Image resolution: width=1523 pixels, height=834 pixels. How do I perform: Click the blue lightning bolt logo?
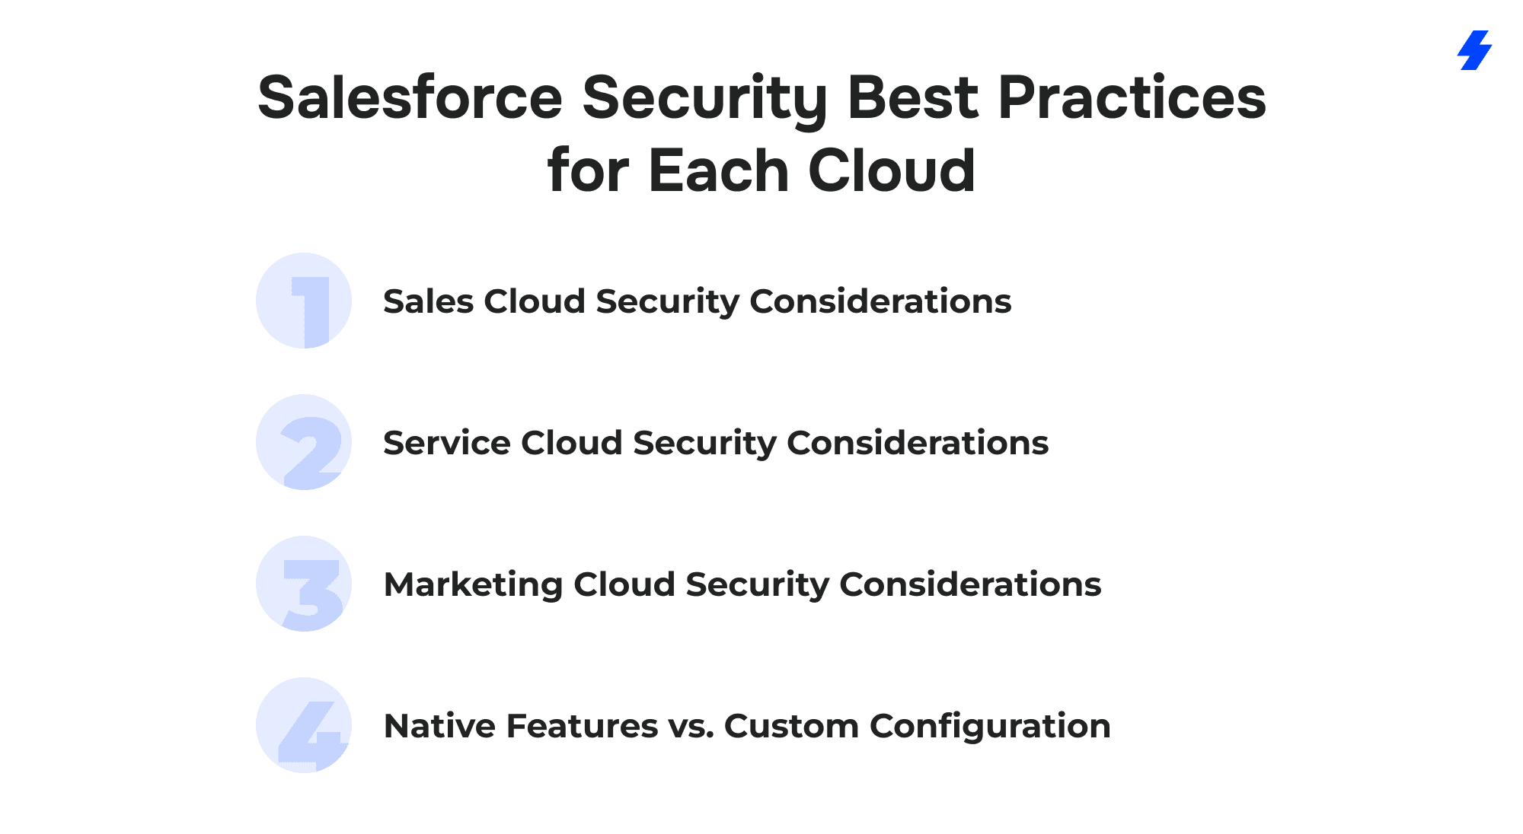coord(1475,50)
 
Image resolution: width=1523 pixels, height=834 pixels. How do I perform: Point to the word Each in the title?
coord(718,170)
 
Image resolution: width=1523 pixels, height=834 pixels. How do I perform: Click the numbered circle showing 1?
coord(304,301)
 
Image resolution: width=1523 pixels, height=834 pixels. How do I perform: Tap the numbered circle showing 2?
coord(304,442)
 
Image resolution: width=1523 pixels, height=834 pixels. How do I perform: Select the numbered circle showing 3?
coord(304,584)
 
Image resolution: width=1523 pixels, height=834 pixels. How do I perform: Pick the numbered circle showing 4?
coord(304,725)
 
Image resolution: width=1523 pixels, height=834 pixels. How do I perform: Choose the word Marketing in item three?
coord(473,585)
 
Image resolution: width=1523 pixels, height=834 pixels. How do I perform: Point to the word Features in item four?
coord(582,726)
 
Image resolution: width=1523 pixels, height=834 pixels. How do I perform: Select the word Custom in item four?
coord(792,726)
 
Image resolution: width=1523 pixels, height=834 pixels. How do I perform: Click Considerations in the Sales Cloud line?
coord(881,301)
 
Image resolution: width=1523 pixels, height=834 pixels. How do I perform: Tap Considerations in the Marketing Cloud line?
coord(970,584)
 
